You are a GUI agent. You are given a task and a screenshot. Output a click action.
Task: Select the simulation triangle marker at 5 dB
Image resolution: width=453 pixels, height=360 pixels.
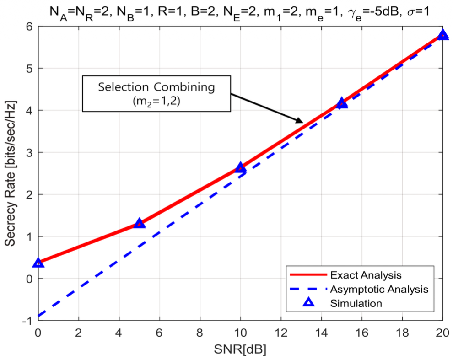pyautogui.click(x=140, y=223)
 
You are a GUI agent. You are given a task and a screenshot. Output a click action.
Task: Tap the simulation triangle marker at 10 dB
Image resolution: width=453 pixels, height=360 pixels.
pyautogui.click(x=241, y=167)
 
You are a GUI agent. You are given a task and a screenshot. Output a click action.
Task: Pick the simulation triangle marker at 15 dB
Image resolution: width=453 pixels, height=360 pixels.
pyautogui.click(x=342, y=103)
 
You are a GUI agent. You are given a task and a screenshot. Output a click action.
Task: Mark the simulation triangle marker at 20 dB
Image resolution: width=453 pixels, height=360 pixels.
pyautogui.click(x=442, y=35)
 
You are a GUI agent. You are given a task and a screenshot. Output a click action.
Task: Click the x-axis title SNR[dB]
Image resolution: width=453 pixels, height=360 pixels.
pyautogui.click(x=240, y=350)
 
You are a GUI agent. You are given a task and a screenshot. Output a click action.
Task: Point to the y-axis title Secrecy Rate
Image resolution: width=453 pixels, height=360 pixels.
pyautogui.click(x=11, y=173)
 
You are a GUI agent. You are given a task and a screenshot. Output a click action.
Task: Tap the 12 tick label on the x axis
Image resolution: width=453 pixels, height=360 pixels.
pyautogui.click(x=281, y=332)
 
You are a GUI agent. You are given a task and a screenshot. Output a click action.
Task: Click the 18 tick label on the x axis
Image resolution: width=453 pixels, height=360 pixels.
pyautogui.click(x=402, y=332)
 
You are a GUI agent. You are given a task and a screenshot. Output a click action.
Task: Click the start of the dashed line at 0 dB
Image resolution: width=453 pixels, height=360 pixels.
pyautogui.click(x=39, y=316)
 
